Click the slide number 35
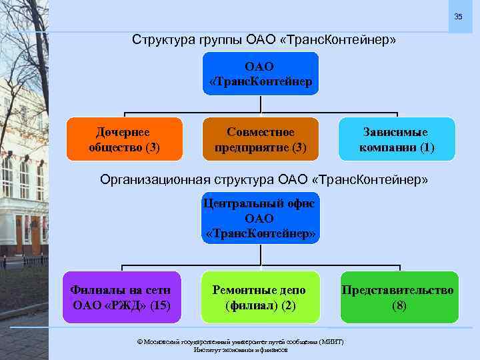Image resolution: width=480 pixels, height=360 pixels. click(x=458, y=16)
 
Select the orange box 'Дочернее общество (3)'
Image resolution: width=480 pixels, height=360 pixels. click(x=124, y=139)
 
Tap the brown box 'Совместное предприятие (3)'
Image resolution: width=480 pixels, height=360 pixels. click(x=261, y=139)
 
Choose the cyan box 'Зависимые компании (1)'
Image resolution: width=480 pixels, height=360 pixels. click(x=397, y=139)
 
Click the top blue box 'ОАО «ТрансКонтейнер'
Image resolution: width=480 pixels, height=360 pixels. click(x=260, y=74)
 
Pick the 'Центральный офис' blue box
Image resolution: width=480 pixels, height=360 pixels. click(x=260, y=218)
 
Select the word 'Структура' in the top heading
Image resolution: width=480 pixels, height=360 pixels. click(x=160, y=40)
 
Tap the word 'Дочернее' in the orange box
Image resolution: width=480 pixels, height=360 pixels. click(x=123, y=132)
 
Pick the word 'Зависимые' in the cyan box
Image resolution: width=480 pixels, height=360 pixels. click(x=395, y=132)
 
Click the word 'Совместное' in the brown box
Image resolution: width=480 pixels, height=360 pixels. click(x=260, y=132)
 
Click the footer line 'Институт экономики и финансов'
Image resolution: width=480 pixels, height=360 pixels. click(x=240, y=349)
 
